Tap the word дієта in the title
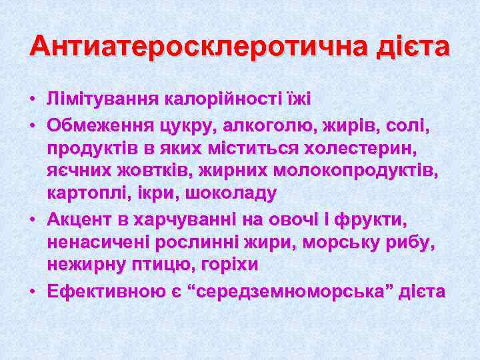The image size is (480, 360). point(413,47)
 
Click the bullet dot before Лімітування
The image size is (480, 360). point(32,100)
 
